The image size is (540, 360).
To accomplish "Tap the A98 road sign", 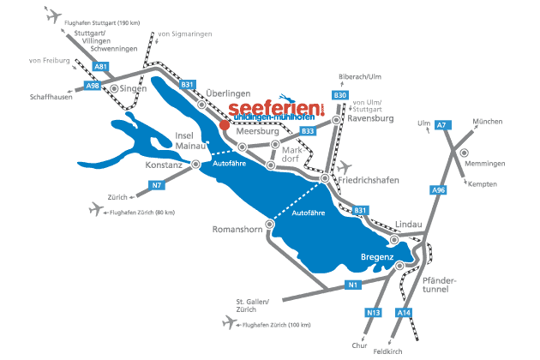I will [93, 86].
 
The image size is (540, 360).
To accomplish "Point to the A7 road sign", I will [442, 126].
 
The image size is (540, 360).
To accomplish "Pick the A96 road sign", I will [438, 189].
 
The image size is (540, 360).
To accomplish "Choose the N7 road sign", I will [157, 185].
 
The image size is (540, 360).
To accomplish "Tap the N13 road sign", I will [374, 312].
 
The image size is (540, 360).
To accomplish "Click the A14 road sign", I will [405, 315].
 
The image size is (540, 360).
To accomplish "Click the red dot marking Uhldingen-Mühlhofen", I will [224, 124].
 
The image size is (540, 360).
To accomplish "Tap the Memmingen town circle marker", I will [464, 153].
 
